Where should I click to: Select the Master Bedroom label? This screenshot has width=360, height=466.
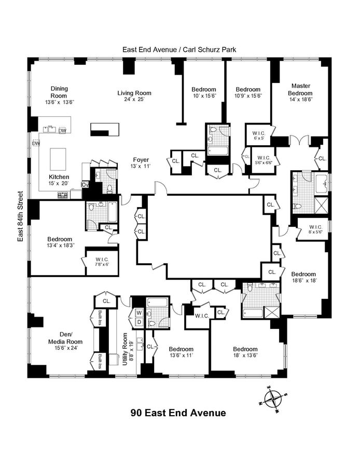(x=301, y=89)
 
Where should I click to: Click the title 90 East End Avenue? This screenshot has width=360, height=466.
(x=178, y=413)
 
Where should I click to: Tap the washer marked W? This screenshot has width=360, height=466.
(x=139, y=313)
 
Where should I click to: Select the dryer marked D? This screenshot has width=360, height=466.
(x=139, y=322)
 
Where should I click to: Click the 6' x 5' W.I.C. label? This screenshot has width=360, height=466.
(x=255, y=134)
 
